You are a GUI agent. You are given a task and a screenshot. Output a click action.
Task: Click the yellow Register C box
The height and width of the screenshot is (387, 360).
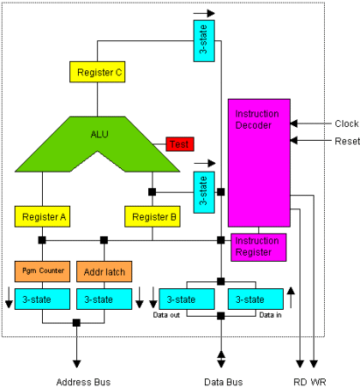point(97,73)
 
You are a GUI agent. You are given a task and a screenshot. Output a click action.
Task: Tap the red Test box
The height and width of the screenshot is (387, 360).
point(181,144)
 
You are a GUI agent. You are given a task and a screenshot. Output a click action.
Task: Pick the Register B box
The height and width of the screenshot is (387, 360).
point(152,217)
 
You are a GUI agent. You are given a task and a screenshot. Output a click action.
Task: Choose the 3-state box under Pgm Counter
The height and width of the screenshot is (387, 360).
point(40,299)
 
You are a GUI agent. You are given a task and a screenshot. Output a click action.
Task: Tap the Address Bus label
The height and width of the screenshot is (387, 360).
point(84,378)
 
